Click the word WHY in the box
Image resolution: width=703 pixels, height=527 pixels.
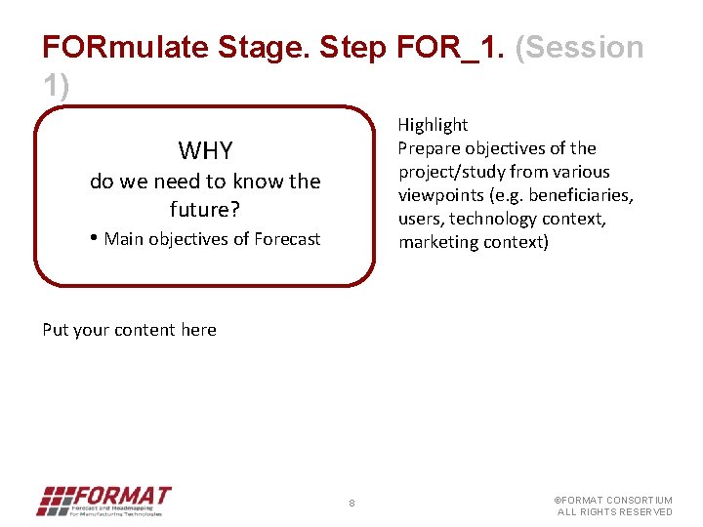[x=205, y=150]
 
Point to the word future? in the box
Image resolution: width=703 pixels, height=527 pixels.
[x=205, y=209]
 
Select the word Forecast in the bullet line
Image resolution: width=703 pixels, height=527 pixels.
[x=287, y=239]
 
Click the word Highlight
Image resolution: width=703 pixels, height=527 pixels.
[x=433, y=125]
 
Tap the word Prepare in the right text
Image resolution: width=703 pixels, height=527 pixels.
[x=430, y=148]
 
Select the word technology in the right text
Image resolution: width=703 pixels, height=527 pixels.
[x=494, y=219]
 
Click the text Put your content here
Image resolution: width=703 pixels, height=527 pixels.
[x=129, y=330]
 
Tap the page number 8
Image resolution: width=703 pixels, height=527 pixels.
[x=351, y=504]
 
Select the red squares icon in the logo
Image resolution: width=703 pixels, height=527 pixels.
[x=55, y=500]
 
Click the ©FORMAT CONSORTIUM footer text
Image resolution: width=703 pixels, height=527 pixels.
[x=613, y=501]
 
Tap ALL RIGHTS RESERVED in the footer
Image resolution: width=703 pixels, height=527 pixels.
[x=615, y=512]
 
